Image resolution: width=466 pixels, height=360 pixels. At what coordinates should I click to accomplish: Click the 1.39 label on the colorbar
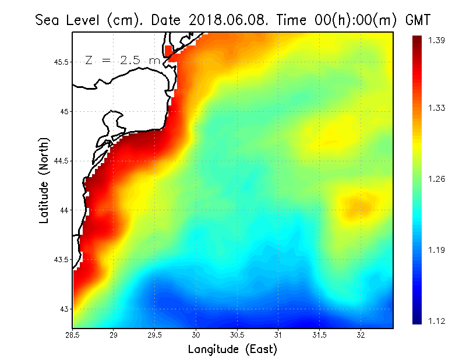(x=436, y=40)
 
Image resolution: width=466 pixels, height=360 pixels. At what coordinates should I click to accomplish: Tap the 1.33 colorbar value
(x=436, y=108)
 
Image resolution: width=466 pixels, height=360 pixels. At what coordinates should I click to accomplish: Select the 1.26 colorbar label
(x=436, y=179)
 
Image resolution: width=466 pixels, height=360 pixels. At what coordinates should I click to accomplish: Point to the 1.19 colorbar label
(x=436, y=250)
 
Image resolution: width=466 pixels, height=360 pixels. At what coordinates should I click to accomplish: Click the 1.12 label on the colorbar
(x=436, y=321)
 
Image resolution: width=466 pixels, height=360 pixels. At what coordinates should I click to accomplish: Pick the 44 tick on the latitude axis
(x=64, y=210)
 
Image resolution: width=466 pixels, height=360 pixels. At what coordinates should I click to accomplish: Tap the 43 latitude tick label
(x=64, y=309)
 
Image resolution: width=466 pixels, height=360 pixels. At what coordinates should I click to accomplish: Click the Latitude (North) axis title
(x=44, y=181)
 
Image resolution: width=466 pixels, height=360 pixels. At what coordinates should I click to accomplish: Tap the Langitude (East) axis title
(x=232, y=350)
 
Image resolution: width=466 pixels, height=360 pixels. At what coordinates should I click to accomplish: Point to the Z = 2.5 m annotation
(x=122, y=60)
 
